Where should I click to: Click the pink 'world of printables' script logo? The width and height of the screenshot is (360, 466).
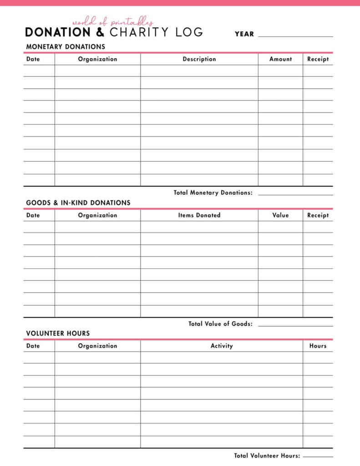coord(112,22)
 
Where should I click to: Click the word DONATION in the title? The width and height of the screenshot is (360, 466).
coord(58,33)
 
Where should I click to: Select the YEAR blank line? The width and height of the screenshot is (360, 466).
coord(295,36)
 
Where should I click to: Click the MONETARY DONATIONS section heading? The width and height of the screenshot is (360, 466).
coord(66,46)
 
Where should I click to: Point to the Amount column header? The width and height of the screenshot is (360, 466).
coord(280,59)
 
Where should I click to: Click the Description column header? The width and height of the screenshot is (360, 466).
coord(199,59)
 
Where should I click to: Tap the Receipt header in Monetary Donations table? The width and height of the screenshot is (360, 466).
coord(318,59)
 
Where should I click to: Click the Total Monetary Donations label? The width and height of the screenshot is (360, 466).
coord(213,192)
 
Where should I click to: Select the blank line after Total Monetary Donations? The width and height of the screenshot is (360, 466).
coord(295,195)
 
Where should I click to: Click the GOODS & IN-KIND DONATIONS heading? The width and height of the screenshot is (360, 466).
coord(78,203)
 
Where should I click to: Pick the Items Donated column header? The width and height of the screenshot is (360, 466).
coord(199,215)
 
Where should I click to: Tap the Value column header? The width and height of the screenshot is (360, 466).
coord(280,215)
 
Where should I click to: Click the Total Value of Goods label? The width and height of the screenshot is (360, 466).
coord(220,324)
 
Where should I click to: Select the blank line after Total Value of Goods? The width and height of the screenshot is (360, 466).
coord(295,326)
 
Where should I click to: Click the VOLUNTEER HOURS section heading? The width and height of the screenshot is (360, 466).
coord(58,333)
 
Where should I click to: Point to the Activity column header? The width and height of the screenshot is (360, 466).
coord(222,346)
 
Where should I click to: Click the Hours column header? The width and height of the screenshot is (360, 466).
coord(318,346)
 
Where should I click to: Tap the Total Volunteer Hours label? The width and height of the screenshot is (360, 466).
coord(267,456)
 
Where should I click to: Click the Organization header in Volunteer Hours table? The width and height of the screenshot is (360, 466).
coord(97,346)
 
